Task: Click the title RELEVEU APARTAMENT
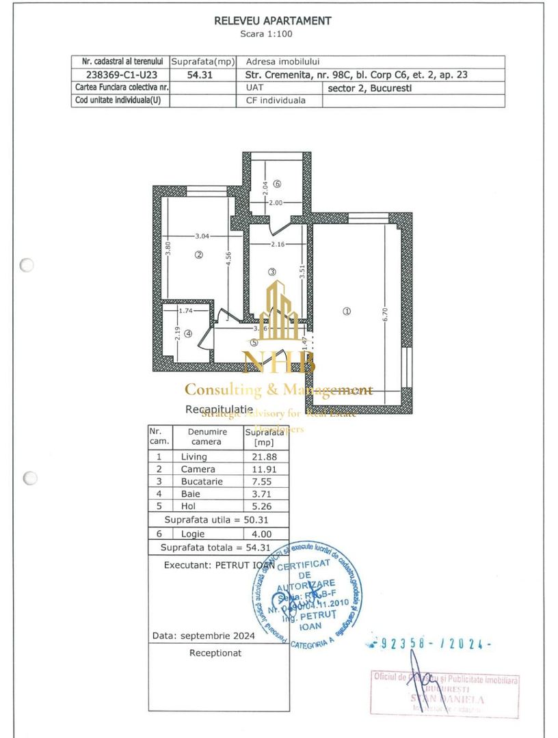[x=272, y=21]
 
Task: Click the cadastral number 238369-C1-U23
[x=120, y=75]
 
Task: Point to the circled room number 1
[x=347, y=311]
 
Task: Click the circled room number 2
[x=199, y=255]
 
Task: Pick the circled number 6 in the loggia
[x=277, y=184]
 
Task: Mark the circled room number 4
[x=188, y=334]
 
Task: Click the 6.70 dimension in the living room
[x=386, y=313]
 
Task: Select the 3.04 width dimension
[x=202, y=236]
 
